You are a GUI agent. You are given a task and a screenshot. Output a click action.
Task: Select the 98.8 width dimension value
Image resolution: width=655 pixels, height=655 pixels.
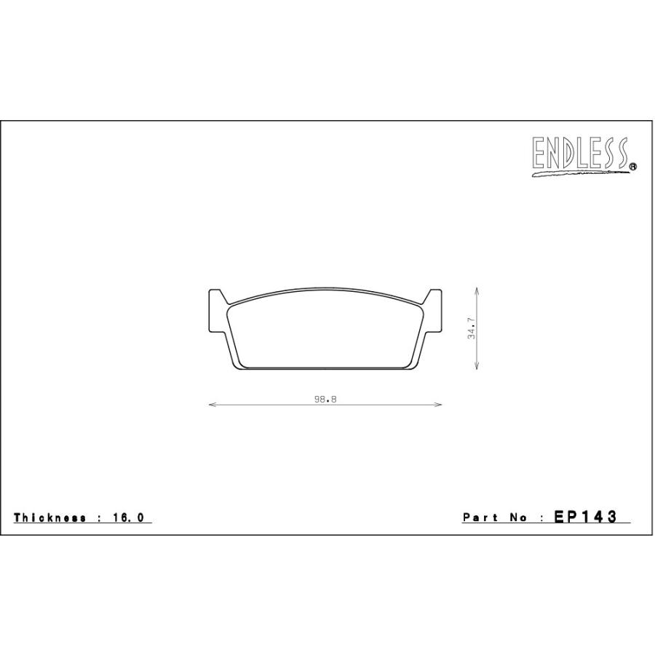pyautogui.click(x=325, y=399)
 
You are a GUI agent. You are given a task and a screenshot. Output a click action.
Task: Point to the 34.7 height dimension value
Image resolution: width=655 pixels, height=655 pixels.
pyautogui.click(x=471, y=328)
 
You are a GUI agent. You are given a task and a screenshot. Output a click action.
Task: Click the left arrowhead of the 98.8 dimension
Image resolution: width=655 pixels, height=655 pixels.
pyautogui.click(x=212, y=405)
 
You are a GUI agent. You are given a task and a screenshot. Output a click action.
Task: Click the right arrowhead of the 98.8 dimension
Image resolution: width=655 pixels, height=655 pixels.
pyautogui.click(x=438, y=405)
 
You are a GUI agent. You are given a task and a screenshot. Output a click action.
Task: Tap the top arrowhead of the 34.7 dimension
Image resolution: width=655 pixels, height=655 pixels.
pyautogui.click(x=477, y=290)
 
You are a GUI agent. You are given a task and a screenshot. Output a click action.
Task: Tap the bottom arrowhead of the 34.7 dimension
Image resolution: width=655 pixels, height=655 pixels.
pyautogui.click(x=477, y=365)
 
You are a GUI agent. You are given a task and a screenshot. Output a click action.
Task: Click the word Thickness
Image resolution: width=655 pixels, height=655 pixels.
pyautogui.click(x=49, y=517)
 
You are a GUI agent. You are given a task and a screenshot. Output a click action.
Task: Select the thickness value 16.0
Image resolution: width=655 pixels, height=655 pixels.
pyautogui.click(x=128, y=517)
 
